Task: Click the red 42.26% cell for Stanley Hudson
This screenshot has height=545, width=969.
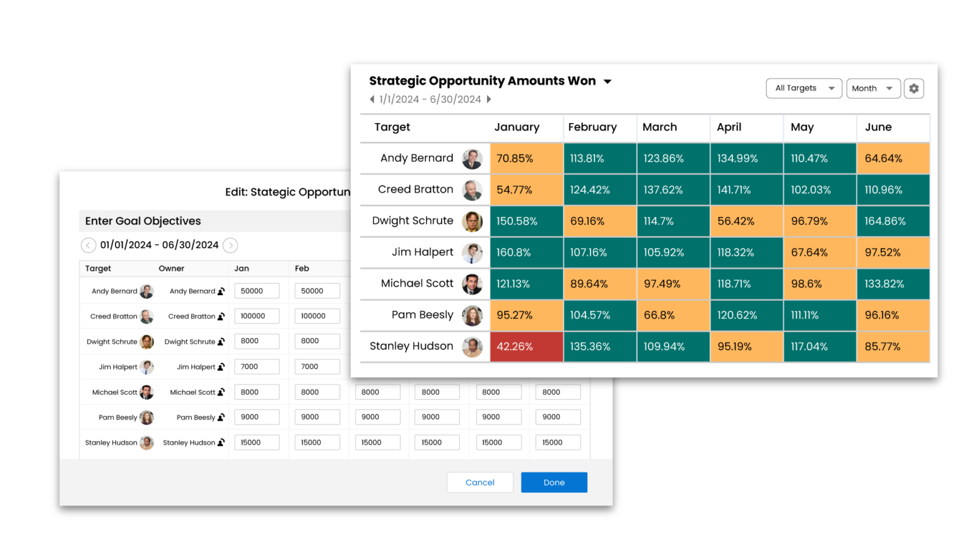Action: (x=526, y=346)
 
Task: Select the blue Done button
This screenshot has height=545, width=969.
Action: (x=554, y=483)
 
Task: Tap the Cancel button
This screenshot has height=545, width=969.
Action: (x=479, y=483)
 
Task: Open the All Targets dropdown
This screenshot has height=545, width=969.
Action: (x=804, y=88)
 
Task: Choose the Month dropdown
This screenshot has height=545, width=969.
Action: (x=873, y=88)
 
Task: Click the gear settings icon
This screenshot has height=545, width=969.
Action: (x=913, y=88)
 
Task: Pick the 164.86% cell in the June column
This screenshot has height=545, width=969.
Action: (x=893, y=221)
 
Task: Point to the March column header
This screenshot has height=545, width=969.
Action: (x=660, y=127)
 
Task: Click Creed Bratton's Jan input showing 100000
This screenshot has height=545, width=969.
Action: (x=256, y=316)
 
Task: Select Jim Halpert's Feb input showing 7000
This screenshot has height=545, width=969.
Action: (x=317, y=366)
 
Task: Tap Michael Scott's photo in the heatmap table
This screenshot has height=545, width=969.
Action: (x=472, y=284)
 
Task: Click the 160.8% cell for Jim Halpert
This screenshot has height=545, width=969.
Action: (x=526, y=252)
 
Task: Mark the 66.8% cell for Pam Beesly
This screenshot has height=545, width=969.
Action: (x=673, y=315)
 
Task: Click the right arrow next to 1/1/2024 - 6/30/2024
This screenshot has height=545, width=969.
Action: (x=489, y=99)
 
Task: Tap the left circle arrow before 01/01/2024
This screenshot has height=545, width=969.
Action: (x=88, y=245)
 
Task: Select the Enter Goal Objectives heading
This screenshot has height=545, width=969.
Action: (x=143, y=221)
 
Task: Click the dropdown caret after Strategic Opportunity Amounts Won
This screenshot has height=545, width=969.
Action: (x=608, y=81)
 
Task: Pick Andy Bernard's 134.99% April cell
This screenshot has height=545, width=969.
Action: (x=746, y=158)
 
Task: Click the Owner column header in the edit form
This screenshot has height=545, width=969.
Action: (x=172, y=268)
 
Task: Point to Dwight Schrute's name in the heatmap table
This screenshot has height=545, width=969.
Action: (x=413, y=221)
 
